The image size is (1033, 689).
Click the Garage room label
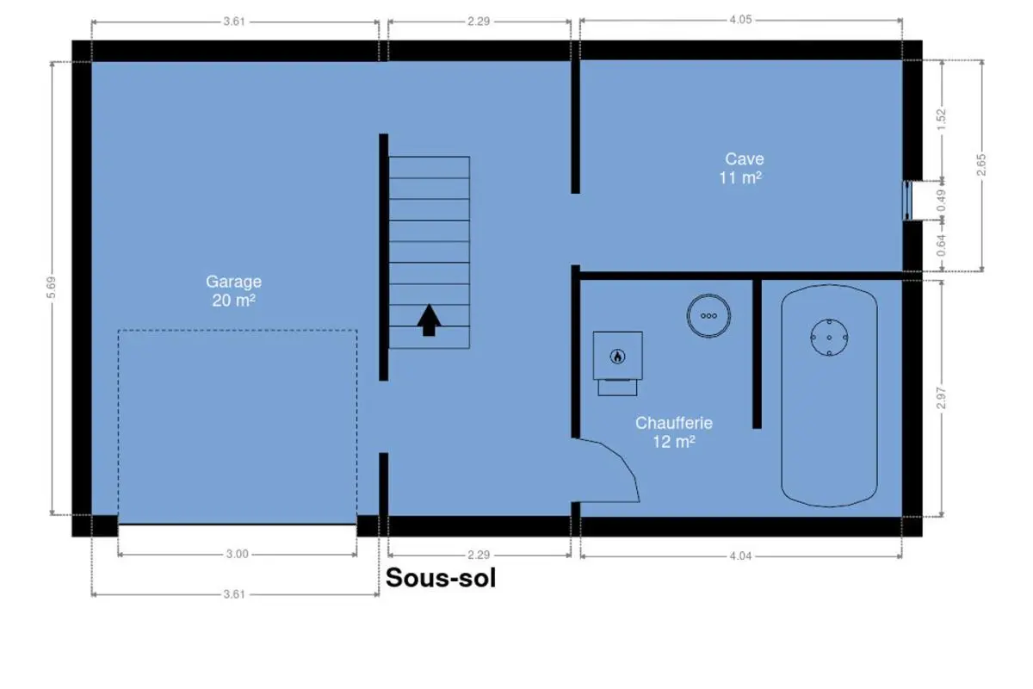(234, 291)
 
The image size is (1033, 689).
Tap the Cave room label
(740, 169)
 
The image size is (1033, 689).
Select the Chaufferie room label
(674, 432)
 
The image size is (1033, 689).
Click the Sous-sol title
(441, 578)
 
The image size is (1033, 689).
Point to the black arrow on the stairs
(429, 320)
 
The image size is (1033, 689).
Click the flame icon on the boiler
(617, 357)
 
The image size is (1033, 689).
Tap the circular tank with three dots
(708, 316)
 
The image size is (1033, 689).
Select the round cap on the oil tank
(829, 338)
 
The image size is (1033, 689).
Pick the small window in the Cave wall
(907, 201)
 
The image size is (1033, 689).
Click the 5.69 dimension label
(51, 288)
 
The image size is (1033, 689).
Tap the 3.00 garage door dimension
(237, 554)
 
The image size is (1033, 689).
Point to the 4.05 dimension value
(740, 20)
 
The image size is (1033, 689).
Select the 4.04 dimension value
(740, 556)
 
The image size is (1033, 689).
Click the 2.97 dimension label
(941, 398)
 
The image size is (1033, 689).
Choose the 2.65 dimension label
(980, 164)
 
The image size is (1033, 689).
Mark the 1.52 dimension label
(941, 119)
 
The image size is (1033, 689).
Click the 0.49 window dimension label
(941, 201)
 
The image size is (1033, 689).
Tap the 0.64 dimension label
(941, 245)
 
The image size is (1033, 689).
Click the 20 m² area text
(234, 301)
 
